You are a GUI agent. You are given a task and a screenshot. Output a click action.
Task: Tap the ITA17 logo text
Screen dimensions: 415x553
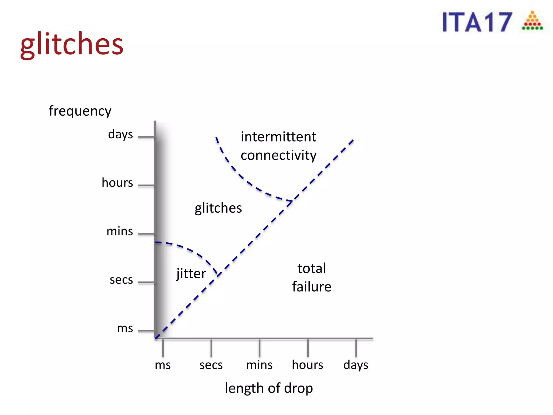[477, 22]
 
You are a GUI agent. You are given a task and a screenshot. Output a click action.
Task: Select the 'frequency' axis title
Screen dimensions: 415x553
[80, 111]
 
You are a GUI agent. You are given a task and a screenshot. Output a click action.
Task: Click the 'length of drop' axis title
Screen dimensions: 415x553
[269, 388]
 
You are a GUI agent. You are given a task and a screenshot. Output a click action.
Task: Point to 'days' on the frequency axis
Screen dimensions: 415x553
[120, 134]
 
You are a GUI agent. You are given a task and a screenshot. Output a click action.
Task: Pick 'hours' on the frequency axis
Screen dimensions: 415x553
[117, 183]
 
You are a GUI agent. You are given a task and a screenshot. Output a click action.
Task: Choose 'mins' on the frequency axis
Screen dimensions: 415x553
[120, 231]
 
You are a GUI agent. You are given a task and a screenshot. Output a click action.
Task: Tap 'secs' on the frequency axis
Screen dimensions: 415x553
[121, 280]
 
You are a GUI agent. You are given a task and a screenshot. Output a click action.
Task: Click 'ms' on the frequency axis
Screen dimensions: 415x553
[125, 328]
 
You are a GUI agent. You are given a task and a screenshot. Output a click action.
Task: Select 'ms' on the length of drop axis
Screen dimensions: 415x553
[163, 365]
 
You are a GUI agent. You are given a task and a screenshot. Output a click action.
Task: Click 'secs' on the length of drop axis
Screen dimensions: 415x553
[211, 365]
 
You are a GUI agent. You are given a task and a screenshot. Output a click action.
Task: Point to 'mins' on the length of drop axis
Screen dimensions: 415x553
[259, 365]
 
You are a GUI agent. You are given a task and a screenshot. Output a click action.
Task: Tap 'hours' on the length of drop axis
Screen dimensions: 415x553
[308, 365]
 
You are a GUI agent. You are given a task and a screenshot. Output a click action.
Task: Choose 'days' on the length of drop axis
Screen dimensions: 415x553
[356, 365]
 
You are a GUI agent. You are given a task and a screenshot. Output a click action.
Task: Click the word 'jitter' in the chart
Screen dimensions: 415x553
[191, 274]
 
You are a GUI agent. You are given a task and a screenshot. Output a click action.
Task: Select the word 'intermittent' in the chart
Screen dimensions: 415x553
[278, 137]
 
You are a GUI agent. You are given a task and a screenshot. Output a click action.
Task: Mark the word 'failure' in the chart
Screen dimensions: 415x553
[312, 287]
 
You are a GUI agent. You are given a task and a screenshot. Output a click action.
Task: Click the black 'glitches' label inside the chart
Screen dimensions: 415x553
[218, 208]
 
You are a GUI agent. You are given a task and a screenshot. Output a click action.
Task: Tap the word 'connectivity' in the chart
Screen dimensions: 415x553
[278, 155]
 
